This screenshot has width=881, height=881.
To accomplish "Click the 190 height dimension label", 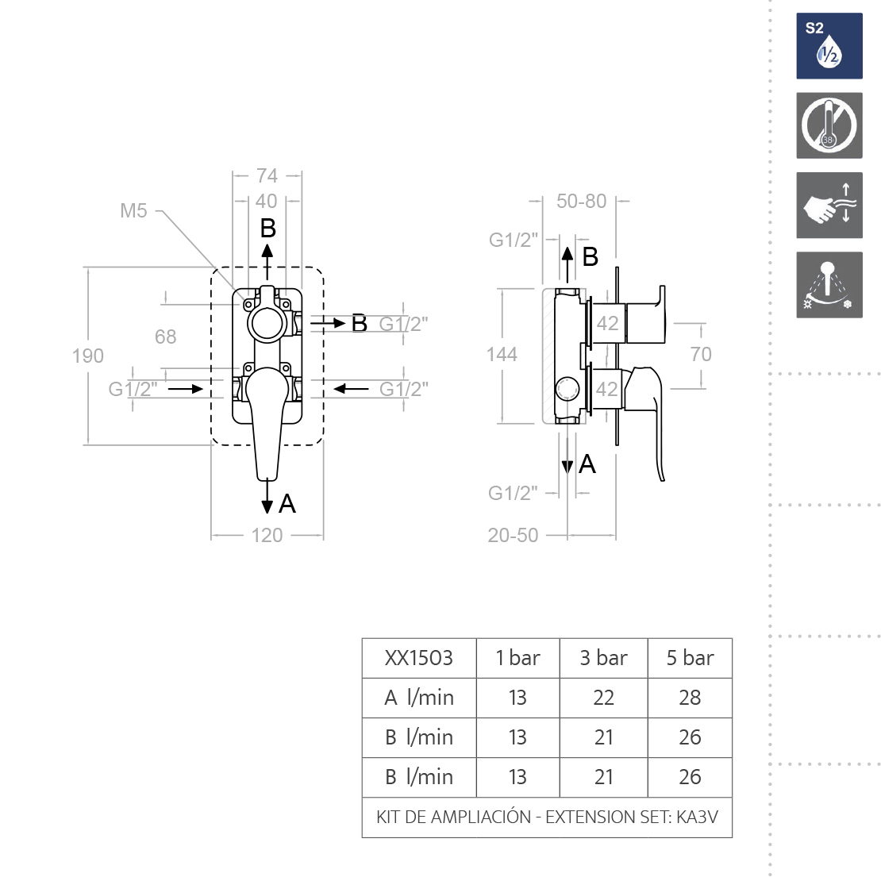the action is point(87,356).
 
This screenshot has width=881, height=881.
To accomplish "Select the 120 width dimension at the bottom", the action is point(267,535).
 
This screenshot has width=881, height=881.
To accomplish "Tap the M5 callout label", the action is point(133,210).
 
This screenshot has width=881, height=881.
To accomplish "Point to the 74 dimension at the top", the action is point(267,176).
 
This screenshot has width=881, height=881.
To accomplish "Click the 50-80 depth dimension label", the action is point(581,201).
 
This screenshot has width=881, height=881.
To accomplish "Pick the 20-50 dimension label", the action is point(513,535).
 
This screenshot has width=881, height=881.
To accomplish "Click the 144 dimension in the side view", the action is point(502,354).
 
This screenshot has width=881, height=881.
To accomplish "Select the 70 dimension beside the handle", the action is point(701,354).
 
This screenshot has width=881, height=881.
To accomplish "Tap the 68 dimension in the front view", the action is point(165,337).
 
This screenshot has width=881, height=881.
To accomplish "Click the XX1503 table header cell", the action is point(418,658).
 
